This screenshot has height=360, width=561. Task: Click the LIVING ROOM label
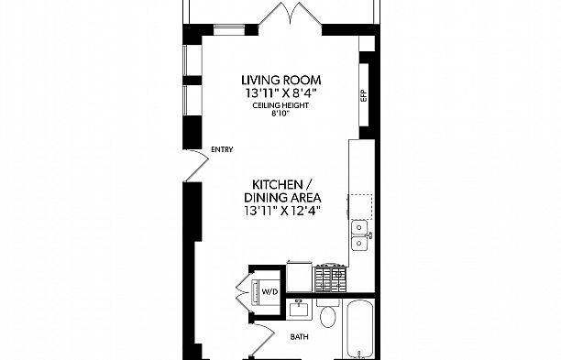pyautogui.click(x=281, y=80)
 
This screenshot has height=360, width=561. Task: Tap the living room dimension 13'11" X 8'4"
pyautogui.click(x=281, y=93)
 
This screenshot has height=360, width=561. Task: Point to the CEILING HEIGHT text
pyautogui.click(x=280, y=105)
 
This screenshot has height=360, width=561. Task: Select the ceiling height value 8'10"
pyautogui.click(x=280, y=114)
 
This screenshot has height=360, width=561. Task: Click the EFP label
pyautogui.click(x=364, y=96)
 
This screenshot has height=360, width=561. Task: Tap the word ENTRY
pyautogui.click(x=222, y=149)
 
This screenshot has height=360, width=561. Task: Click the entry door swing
pyautogui.click(x=196, y=165)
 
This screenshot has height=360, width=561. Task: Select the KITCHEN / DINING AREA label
pyautogui.click(x=282, y=191)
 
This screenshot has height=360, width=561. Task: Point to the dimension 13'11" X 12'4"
pyautogui.click(x=282, y=211)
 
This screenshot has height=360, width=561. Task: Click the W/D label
pyautogui.click(x=269, y=291)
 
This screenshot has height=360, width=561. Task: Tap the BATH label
pyautogui.click(x=300, y=337)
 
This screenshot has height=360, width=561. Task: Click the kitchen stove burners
pyautogui.click(x=331, y=278)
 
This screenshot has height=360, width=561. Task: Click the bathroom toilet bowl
pyautogui.click(x=328, y=316)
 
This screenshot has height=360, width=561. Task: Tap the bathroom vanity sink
pyautogui.click(x=299, y=308)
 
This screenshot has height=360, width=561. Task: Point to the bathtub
pyautogui.click(x=360, y=329)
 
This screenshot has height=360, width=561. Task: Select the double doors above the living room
pyautogui.click(x=291, y=15)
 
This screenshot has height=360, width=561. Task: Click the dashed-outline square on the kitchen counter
pyautogui.click(x=360, y=207)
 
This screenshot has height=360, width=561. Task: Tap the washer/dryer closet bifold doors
pyautogui.click(x=244, y=292)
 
